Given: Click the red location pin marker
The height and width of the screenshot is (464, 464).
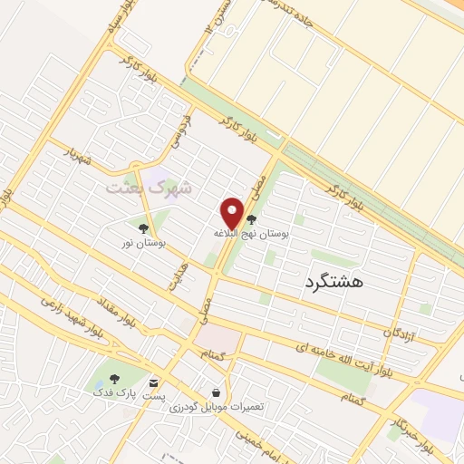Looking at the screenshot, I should tap(233, 214).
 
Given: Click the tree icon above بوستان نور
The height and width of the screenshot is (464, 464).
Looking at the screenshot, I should tap(143, 228).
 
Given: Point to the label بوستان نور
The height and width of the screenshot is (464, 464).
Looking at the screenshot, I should tap(144, 243).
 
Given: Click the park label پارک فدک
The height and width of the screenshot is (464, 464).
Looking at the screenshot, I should tap(111, 392).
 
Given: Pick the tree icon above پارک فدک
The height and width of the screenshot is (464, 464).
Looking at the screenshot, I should tap(114, 379).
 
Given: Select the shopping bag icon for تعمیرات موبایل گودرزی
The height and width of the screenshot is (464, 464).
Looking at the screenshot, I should tap(216, 392).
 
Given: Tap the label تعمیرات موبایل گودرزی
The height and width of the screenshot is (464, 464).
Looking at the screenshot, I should tap(216, 407).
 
